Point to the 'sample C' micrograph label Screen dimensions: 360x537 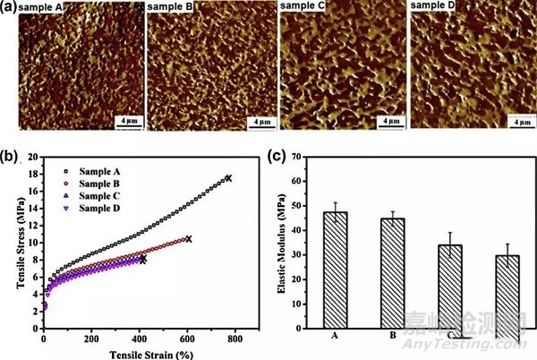point(303,7)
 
